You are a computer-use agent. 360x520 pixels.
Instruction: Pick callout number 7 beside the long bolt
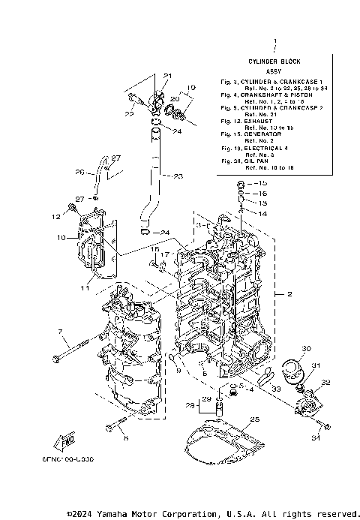click(x=59, y=331)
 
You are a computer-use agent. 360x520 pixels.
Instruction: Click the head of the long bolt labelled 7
click(x=58, y=359)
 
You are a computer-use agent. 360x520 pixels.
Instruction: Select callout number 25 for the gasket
click(x=253, y=419)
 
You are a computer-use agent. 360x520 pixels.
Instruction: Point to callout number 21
click(x=168, y=76)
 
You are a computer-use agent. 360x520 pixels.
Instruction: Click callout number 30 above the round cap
click(x=305, y=349)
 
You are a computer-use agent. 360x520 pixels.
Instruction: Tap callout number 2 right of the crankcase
click(x=289, y=295)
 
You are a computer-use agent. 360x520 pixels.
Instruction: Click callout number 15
click(x=262, y=183)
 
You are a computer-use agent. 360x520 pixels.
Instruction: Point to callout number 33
click(x=276, y=389)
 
